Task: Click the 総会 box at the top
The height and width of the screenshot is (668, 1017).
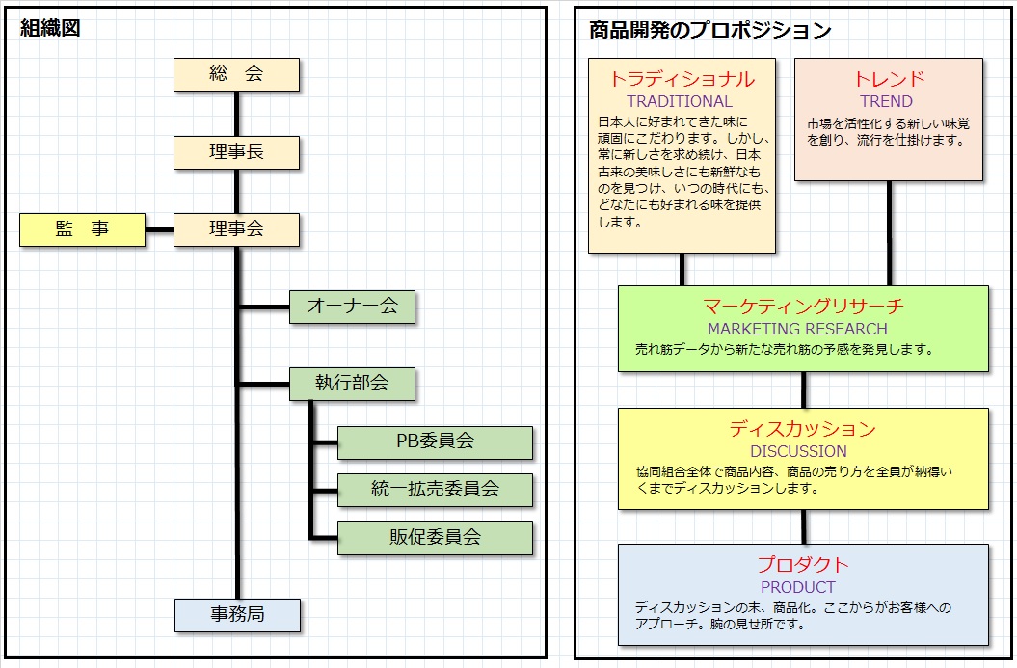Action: pos(236,74)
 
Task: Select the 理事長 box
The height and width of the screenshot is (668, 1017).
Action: pos(236,152)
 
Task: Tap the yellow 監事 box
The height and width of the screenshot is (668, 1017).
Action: pos(82,229)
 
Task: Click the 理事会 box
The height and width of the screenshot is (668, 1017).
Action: pos(236,229)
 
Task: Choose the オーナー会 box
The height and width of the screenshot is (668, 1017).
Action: pos(352,307)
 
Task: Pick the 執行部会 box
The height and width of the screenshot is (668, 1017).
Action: pos(352,384)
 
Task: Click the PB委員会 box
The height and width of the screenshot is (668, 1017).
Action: pos(435,442)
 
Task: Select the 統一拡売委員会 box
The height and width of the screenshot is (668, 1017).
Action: pos(435,490)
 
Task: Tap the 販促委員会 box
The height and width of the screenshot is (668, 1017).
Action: pos(435,538)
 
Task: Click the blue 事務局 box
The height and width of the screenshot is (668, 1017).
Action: pos(237,615)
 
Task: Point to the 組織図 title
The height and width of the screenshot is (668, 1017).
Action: pos(50,29)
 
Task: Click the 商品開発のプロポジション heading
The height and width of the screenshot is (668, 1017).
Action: pos(709,30)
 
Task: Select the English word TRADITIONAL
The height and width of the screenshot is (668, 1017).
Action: pos(679,102)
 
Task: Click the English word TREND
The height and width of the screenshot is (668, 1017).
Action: pos(886,102)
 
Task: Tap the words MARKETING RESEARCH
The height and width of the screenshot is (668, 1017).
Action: pos(797,329)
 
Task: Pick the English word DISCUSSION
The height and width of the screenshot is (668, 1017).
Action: pos(798,451)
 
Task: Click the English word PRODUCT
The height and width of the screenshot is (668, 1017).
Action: pos(798,587)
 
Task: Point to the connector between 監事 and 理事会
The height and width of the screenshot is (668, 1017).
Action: pos(160,229)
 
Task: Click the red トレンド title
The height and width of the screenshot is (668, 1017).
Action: pos(889,79)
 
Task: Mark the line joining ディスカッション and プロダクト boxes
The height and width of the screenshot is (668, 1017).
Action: pos(804,526)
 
